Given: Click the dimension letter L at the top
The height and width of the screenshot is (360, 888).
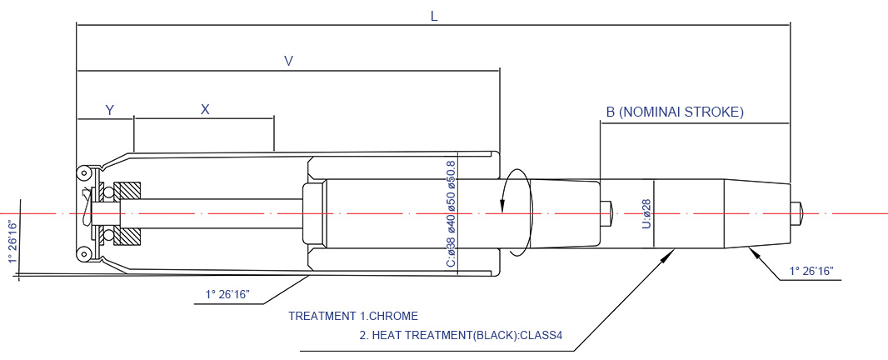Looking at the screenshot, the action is click(x=434, y=17).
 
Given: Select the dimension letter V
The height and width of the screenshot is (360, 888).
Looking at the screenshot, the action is click(x=288, y=61).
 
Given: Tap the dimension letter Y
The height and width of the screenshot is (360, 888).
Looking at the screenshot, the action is click(x=111, y=110).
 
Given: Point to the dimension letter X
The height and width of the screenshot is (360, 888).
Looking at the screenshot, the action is click(x=205, y=109).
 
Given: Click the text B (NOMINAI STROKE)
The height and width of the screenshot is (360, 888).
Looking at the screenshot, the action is click(x=675, y=112).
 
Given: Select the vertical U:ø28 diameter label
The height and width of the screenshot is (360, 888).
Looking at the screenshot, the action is click(x=647, y=213).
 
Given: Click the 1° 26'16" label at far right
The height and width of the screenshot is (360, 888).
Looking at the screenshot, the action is click(x=813, y=272).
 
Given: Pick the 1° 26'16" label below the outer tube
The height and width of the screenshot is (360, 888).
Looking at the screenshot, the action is click(x=227, y=295).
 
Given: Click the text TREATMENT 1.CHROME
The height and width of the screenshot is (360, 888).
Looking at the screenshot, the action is click(x=353, y=316).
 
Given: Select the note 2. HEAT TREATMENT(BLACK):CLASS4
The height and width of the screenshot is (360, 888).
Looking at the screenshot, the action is click(x=461, y=334).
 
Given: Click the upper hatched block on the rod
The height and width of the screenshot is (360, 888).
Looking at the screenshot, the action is click(x=127, y=191).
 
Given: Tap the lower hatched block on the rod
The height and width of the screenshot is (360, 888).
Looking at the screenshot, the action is click(x=127, y=237).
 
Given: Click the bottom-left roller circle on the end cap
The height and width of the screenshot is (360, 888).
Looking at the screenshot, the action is click(x=84, y=254).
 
